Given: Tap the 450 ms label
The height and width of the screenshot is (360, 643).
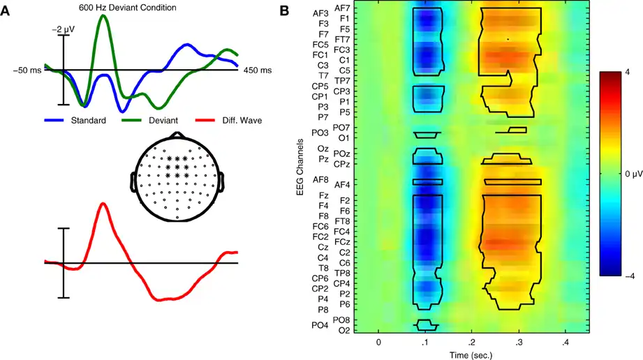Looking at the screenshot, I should (x=258, y=70).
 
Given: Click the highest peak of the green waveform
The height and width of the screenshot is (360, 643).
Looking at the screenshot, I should (x=104, y=15).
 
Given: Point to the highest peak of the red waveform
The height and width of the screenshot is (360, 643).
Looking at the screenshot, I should (x=103, y=203).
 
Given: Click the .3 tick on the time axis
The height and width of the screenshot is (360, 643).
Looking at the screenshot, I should (x=519, y=343).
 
